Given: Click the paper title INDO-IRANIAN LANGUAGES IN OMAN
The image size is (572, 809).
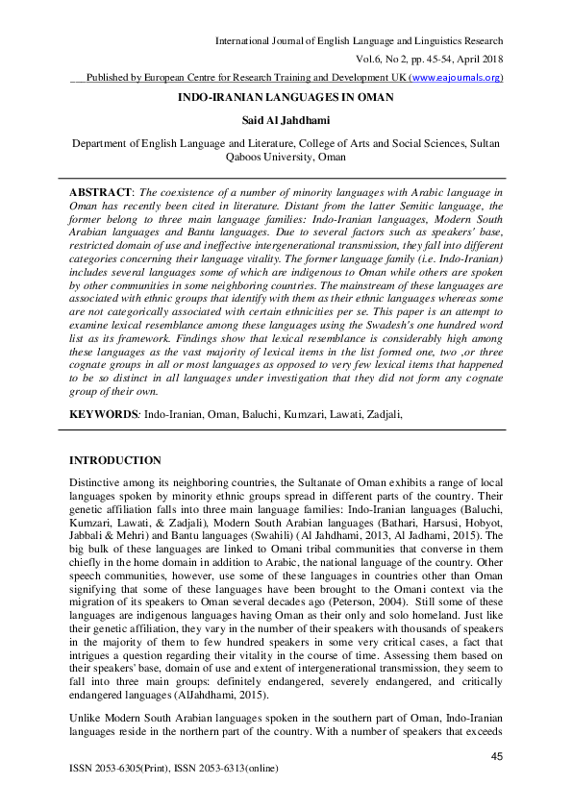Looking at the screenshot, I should [x=286, y=98].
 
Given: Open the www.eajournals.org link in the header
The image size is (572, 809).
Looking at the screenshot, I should [x=455, y=78].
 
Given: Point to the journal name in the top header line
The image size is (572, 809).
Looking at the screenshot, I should [x=359, y=40].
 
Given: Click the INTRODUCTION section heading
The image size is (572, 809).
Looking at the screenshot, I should [x=115, y=461].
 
